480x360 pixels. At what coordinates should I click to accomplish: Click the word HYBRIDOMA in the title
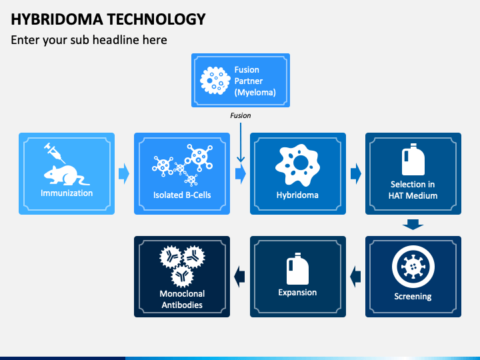click(57, 19)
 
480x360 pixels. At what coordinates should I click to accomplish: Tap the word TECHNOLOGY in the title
click(157, 19)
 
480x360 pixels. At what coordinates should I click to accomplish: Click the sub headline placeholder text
click(89, 40)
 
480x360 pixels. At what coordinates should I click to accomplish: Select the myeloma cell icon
click(215, 81)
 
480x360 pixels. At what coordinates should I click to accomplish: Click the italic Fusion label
click(240, 115)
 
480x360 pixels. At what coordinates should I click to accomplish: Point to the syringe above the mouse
click(55, 153)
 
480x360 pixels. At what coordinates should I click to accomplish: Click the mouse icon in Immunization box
click(67, 175)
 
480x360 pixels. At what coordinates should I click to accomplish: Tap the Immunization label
click(67, 193)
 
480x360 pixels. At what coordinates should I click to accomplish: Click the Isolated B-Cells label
click(182, 195)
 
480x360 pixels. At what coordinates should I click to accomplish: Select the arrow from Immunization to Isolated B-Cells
click(124, 173)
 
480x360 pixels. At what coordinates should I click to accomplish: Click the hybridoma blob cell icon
click(297, 165)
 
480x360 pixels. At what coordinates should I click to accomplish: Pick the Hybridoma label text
click(297, 195)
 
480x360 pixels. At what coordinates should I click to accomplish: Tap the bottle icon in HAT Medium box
click(413, 159)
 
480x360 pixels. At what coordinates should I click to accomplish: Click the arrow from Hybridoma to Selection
click(356, 173)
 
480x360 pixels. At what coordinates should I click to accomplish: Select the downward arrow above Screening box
click(413, 225)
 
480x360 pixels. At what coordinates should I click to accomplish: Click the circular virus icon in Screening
click(413, 267)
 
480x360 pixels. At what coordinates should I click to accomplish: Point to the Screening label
click(413, 296)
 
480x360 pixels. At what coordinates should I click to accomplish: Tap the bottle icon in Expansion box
click(297, 269)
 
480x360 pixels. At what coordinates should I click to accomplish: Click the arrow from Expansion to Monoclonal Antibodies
click(239, 277)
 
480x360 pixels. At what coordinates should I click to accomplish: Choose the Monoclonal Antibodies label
click(182, 299)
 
